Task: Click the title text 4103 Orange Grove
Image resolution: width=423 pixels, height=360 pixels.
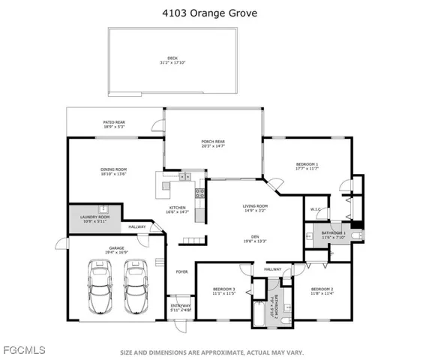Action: click(x=211, y=12)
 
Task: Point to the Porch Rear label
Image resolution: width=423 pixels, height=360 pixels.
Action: click(x=212, y=141)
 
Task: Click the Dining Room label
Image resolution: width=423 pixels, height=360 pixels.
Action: click(x=113, y=169)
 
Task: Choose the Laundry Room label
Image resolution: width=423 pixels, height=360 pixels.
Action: click(x=94, y=217)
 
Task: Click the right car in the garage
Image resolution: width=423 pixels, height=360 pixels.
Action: click(x=136, y=287)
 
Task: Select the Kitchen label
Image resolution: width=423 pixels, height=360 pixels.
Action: click(x=177, y=209)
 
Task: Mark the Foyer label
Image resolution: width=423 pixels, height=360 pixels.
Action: click(x=181, y=271)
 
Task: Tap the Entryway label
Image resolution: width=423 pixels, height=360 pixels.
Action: click(x=181, y=305)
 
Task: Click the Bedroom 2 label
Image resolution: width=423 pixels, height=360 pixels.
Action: click(x=322, y=289)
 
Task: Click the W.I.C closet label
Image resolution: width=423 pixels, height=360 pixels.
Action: click(x=316, y=209)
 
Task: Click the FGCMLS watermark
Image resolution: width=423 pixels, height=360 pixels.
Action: click(x=23, y=350)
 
